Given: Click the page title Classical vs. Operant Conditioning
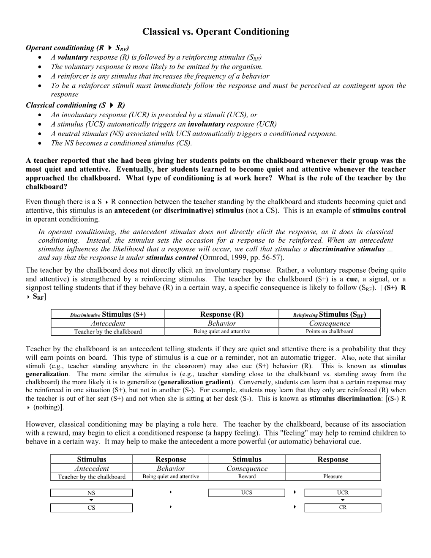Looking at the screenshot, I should click(215, 32).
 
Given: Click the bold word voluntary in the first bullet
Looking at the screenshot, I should click(73, 57).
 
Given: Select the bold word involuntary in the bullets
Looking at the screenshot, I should click(206, 124).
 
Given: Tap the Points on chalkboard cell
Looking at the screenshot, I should click(330, 331).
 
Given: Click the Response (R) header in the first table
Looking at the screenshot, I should click(221, 314).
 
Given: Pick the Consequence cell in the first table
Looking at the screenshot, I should click(330, 323).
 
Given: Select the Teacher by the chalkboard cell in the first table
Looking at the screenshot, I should click(108, 332).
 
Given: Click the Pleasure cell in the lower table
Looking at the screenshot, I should click(333, 476).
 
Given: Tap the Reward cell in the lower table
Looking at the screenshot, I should click(247, 476).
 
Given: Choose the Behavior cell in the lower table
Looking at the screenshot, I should click(171, 468).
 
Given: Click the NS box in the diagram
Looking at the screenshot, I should click(91, 493).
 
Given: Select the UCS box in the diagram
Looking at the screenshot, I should click(247, 493).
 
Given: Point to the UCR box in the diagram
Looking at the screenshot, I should click(343, 492).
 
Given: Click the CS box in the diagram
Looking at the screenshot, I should click(91, 508).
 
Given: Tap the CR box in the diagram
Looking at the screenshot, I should click(343, 508).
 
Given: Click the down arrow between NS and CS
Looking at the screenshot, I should click(91, 500).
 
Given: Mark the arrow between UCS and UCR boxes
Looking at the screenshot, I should click(295, 492).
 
